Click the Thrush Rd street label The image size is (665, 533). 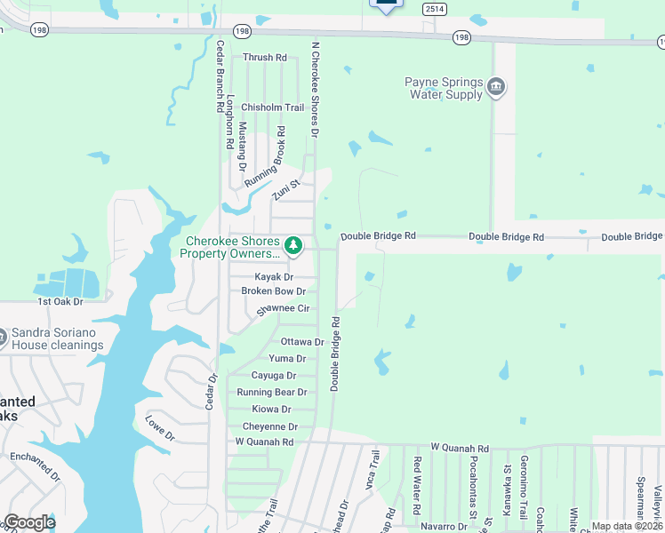[x=264, y=58]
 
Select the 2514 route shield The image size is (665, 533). [x=435, y=8]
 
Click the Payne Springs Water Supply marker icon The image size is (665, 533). [x=496, y=87]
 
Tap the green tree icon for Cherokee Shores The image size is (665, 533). [x=292, y=243]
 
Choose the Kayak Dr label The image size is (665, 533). [x=273, y=277]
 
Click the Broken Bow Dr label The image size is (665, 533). [x=273, y=291]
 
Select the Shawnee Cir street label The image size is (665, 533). [x=282, y=308]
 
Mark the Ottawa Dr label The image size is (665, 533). [x=302, y=342]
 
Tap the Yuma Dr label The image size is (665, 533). [x=287, y=359]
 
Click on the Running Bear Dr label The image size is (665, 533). [x=271, y=392]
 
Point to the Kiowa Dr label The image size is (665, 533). [x=271, y=409]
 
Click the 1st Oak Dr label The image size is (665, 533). [x=60, y=302]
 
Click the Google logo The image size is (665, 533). [x=29, y=522]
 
